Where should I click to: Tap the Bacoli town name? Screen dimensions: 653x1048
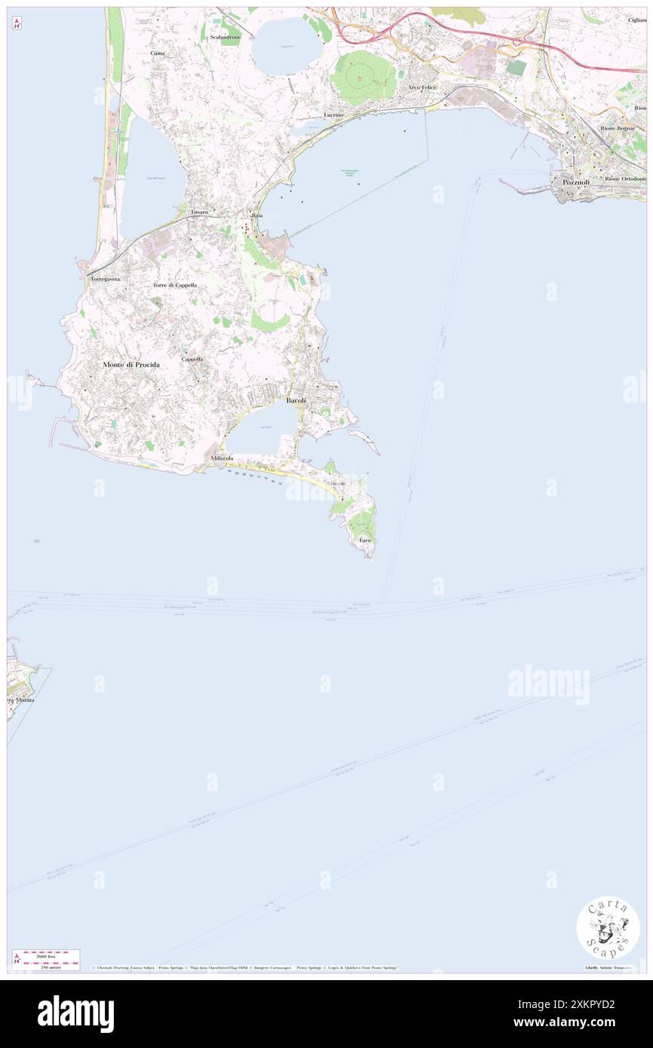pos(296,400)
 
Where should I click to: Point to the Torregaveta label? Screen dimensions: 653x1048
pos(106,279)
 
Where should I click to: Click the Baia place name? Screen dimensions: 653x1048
pos(257,215)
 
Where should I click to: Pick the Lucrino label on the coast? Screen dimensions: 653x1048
pos(334,115)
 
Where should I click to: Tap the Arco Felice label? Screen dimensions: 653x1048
pos(422,87)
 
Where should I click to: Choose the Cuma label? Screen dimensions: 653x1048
pos(158,54)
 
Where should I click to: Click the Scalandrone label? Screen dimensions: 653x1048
pos(225,37)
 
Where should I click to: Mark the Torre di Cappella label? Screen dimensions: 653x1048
pos(175,285)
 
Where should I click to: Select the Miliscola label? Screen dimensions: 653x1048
pos(222,458)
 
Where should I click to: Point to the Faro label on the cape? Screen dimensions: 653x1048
pos(365,541)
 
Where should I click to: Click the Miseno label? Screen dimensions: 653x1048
pos(336,483)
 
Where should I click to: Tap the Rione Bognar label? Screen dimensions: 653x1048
pos(618,129)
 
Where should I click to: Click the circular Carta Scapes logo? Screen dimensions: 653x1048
pos(608,927)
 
